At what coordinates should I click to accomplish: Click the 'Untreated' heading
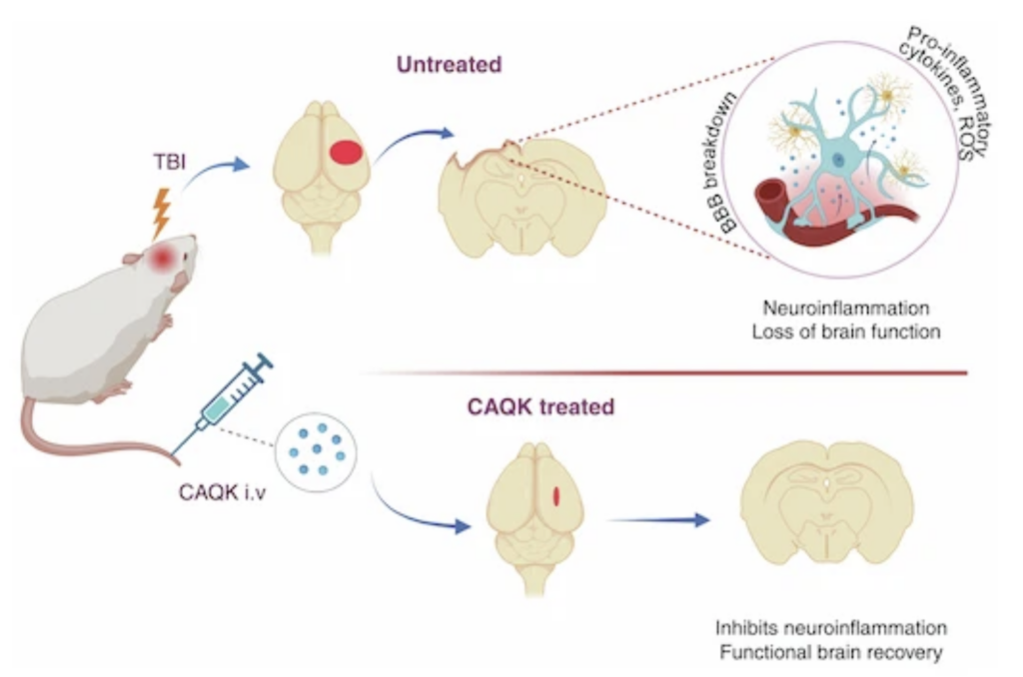449,66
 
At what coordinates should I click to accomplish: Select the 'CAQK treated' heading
540,407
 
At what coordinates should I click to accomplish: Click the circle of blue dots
315,444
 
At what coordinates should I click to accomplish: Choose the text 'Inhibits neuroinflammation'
830,629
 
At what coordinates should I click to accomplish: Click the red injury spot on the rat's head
162,259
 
